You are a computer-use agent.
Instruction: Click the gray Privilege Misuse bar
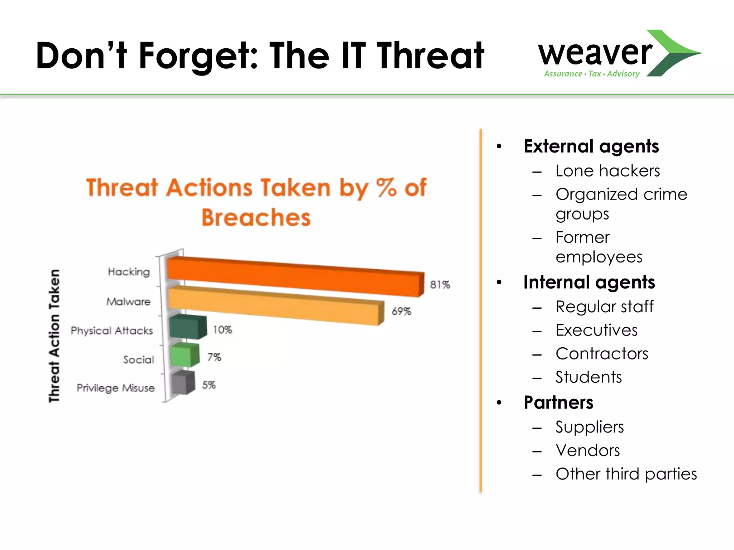(x=182, y=383)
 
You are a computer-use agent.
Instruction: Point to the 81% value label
(x=440, y=285)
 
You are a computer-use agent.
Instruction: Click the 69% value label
(x=401, y=312)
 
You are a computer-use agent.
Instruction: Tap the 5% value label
(x=209, y=385)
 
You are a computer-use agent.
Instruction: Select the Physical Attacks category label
(x=112, y=331)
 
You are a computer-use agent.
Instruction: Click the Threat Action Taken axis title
(x=54, y=336)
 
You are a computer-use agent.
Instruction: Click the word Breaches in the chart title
(x=256, y=218)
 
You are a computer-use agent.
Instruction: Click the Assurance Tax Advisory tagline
(x=592, y=74)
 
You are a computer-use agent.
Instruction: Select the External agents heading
(x=591, y=146)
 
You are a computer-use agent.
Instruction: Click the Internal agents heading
(x=589, y=283)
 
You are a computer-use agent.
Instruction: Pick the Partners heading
(x=558, y=402)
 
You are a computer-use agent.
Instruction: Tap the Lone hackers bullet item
(x=607, y=171)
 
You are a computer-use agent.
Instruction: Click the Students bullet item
(x=588, y=377)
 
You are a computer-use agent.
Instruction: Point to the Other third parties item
(x=626, y=474)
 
